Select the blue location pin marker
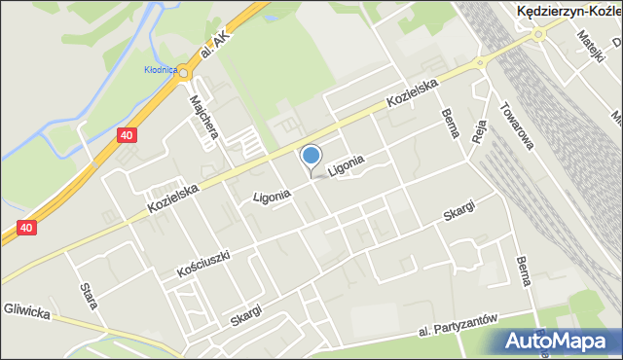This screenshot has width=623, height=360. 311,157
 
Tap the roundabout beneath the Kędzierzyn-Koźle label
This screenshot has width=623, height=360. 537,36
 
